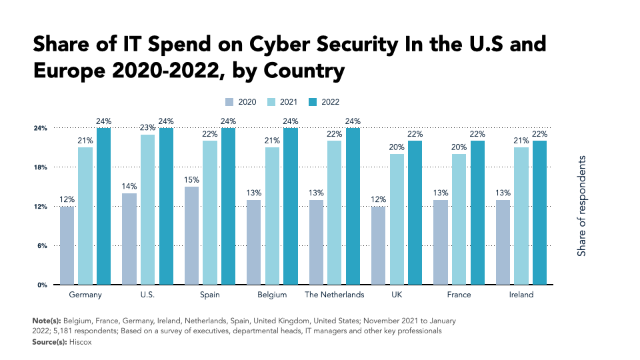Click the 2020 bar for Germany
pyautogui.click(x=67, y=245)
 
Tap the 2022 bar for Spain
pyautogui.click(x=229, y=206)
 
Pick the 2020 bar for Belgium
pyautogui.click(x=254, y=242)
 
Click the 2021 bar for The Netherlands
pyautogui.click(x=335, y=213)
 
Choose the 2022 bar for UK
pyautogui.click(x=415, y=213)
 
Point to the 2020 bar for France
pyautogui.click(x=441, y=242)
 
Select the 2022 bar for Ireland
pyautogui.click(x=539, y=213)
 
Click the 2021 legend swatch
pyautogui.click(x=273, y=102)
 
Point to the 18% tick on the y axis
pyautogui.click(x=41, y=167)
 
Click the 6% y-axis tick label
pyautogui.click(x=43, y=246)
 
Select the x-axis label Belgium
pyautogui.click(x=272, y=295)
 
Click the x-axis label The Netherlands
pyautogui.click(x=335, y=295)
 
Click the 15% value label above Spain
pyautogui.click(x=191, y=180)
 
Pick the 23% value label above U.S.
pyautogui.click(x=147, y=127)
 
